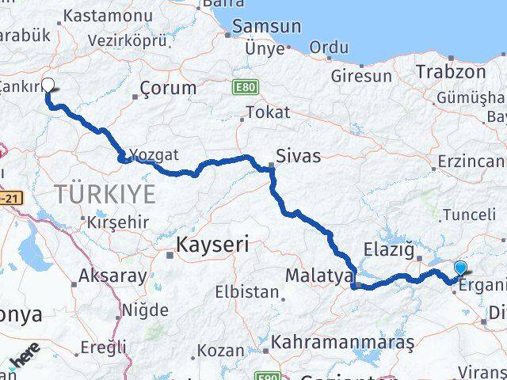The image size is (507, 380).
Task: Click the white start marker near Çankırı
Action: point(48,85)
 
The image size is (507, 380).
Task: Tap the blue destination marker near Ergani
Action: point(461,268)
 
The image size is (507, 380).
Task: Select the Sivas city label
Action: point(298,156)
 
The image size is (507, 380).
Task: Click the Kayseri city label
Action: point(212,245)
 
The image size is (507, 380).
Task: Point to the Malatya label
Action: point(319,275)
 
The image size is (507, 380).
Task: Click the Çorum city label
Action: point(168,88)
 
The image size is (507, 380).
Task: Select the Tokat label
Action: point(268,112)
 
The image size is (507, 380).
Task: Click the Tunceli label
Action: point(469,215)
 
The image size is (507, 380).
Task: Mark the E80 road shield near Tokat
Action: point(243,85)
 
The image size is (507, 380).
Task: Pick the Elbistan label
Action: point(246,292)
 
